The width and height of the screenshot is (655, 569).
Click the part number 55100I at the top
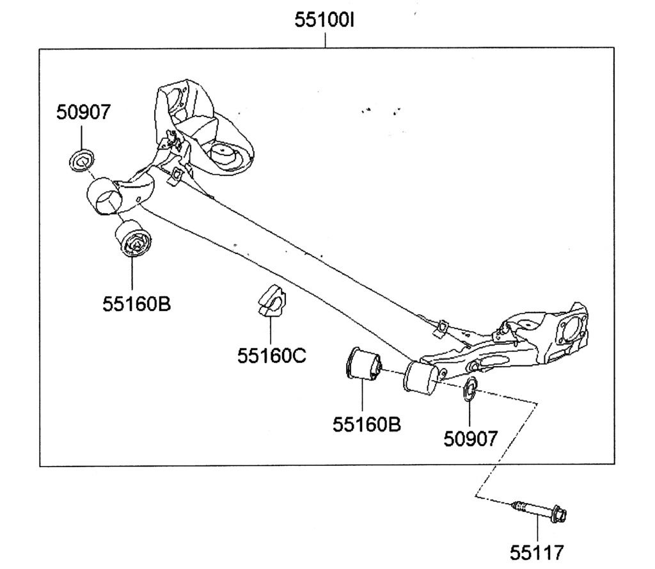coord(324,20)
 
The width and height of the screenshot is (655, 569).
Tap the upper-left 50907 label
coord(83,112)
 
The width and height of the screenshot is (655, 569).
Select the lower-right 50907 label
coord(470,438)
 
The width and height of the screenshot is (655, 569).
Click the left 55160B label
coord(136,303)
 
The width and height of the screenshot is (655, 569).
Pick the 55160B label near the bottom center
coord(367,424)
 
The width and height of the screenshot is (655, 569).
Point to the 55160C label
coord(271,355)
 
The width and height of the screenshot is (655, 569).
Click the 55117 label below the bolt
coord(537,552)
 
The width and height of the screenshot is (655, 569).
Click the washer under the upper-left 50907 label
coord(81,159)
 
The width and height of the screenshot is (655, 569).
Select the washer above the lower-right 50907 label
coord(470,388)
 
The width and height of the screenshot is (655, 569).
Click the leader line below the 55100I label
coord(325,39)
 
